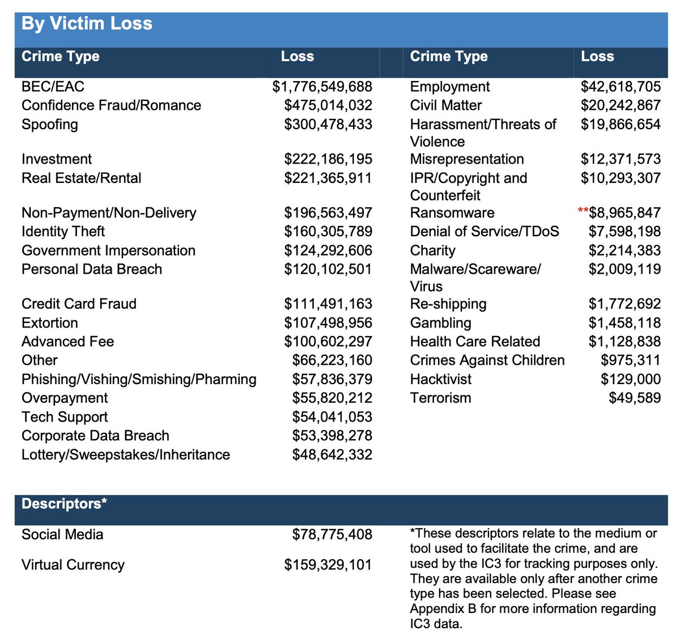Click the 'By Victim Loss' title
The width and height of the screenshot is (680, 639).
pyautogui.click(x=87, y=24)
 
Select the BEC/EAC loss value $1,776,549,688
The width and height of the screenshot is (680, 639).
pyautogui.click(x=322, y=87)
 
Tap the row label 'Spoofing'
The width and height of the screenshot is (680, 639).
pyautogui.click(x=50, y=125)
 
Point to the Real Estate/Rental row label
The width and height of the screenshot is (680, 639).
pyautogui.click(x=81, y=178)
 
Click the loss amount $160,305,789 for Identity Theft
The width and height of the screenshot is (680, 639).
pyautogui.click(x=328, y=231)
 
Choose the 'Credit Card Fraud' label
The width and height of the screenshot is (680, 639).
pyautogui.click(x=79, y=304)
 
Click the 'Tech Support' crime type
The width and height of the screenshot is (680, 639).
pyautogui.click(x=65, y=417)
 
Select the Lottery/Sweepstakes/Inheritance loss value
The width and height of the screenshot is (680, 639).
pyautogui.click(x=332, y=454)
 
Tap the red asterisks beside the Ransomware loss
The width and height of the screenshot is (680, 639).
pyautogui.click(x=583, y=211)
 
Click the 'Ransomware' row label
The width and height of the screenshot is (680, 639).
pyautogui.click(x=452, y=213)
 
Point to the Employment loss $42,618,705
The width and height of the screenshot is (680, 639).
pyautogui.click(x=620, y=87)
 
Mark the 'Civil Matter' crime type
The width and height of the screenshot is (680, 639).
pyautogui.click(x=446, y=105)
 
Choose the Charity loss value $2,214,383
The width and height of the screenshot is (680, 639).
pyautogui.click(x=624, y=250)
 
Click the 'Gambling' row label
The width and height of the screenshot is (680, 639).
pyautogui.click(x=440, y=323)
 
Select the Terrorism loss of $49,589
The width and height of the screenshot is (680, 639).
pyautogui.click(x=635, y=398)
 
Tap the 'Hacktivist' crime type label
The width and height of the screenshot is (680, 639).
pyautogui.click(x=440, y=379)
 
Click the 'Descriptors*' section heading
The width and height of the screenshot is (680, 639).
pyautogui.click(x=64, y=504)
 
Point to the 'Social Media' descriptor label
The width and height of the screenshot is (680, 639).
pyautogui.click(x=62, y=534)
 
